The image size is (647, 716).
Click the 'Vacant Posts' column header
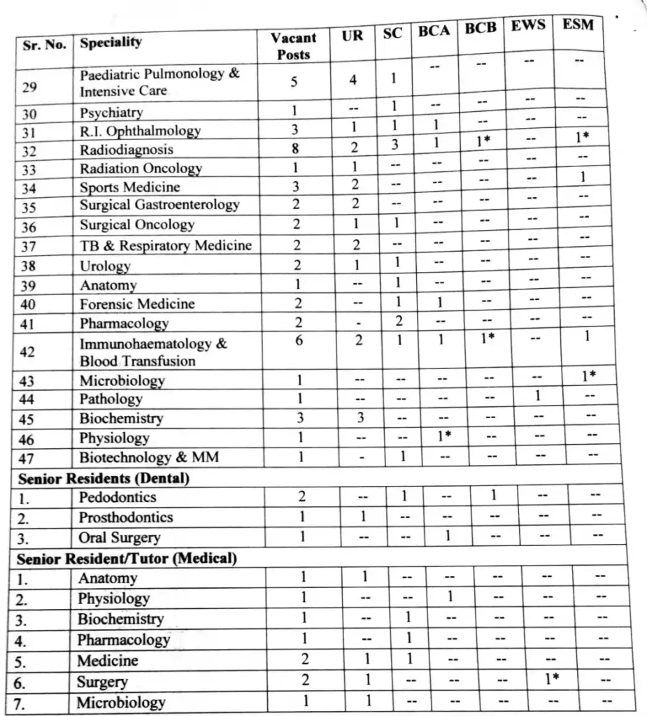[293, 45]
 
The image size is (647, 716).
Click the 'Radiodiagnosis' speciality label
[127, 150]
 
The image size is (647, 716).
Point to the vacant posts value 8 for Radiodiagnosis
[294, 148]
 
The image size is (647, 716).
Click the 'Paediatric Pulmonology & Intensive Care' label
[159, 83]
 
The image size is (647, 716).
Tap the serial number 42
[28, 352]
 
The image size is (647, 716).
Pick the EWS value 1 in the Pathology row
[537, 396]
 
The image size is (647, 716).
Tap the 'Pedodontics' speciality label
[117, 498]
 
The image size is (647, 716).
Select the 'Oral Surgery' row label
[119, 538]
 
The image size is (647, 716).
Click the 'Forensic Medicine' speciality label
[137, 304]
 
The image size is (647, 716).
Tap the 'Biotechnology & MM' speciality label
[149, 457]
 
